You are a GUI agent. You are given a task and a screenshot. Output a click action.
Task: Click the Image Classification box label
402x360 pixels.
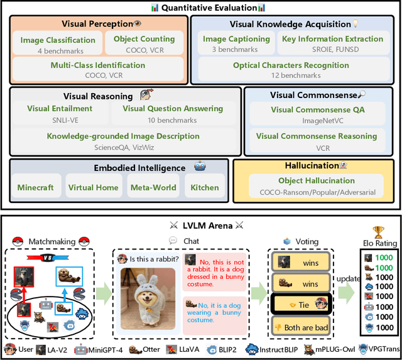point(58,40)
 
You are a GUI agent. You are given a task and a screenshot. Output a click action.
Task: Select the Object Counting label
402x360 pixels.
point(144,39)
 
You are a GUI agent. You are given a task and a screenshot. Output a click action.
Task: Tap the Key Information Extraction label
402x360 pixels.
point(332,39)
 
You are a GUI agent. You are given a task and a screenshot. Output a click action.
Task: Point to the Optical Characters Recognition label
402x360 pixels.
point(291,65)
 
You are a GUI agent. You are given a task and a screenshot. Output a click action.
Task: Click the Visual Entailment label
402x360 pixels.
point(60,109)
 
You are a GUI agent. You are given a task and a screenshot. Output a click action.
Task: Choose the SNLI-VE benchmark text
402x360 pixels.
point(65,120)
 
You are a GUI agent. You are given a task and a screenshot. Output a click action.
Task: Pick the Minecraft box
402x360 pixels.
point(36,185)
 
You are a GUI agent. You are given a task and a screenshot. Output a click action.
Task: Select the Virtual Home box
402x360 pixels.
point(94,185)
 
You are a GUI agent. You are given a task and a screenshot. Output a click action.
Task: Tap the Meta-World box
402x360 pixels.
point(153,185)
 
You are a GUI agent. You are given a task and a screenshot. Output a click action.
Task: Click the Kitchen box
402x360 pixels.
point(205,185)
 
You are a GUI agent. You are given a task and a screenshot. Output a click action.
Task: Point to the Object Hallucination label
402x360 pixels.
point(317,180)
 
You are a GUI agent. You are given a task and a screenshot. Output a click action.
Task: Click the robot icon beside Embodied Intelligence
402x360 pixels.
point(200,166)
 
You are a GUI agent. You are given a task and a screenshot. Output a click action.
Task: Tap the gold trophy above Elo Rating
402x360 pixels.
point(378,232)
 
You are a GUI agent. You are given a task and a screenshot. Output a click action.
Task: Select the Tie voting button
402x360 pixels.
point(301,304)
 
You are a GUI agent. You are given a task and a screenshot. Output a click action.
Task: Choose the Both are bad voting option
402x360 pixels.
point(301,327)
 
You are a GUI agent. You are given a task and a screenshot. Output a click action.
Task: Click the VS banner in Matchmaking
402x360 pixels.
point(48,258)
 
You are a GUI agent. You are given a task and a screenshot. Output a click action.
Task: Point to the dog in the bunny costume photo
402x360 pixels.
point(148,299)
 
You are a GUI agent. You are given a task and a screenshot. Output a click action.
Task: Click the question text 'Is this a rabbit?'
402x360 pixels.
point(154,259)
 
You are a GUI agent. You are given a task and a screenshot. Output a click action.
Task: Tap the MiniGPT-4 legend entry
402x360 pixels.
point(99,350)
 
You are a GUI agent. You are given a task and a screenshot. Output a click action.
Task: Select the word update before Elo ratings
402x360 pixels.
point(348,279)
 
